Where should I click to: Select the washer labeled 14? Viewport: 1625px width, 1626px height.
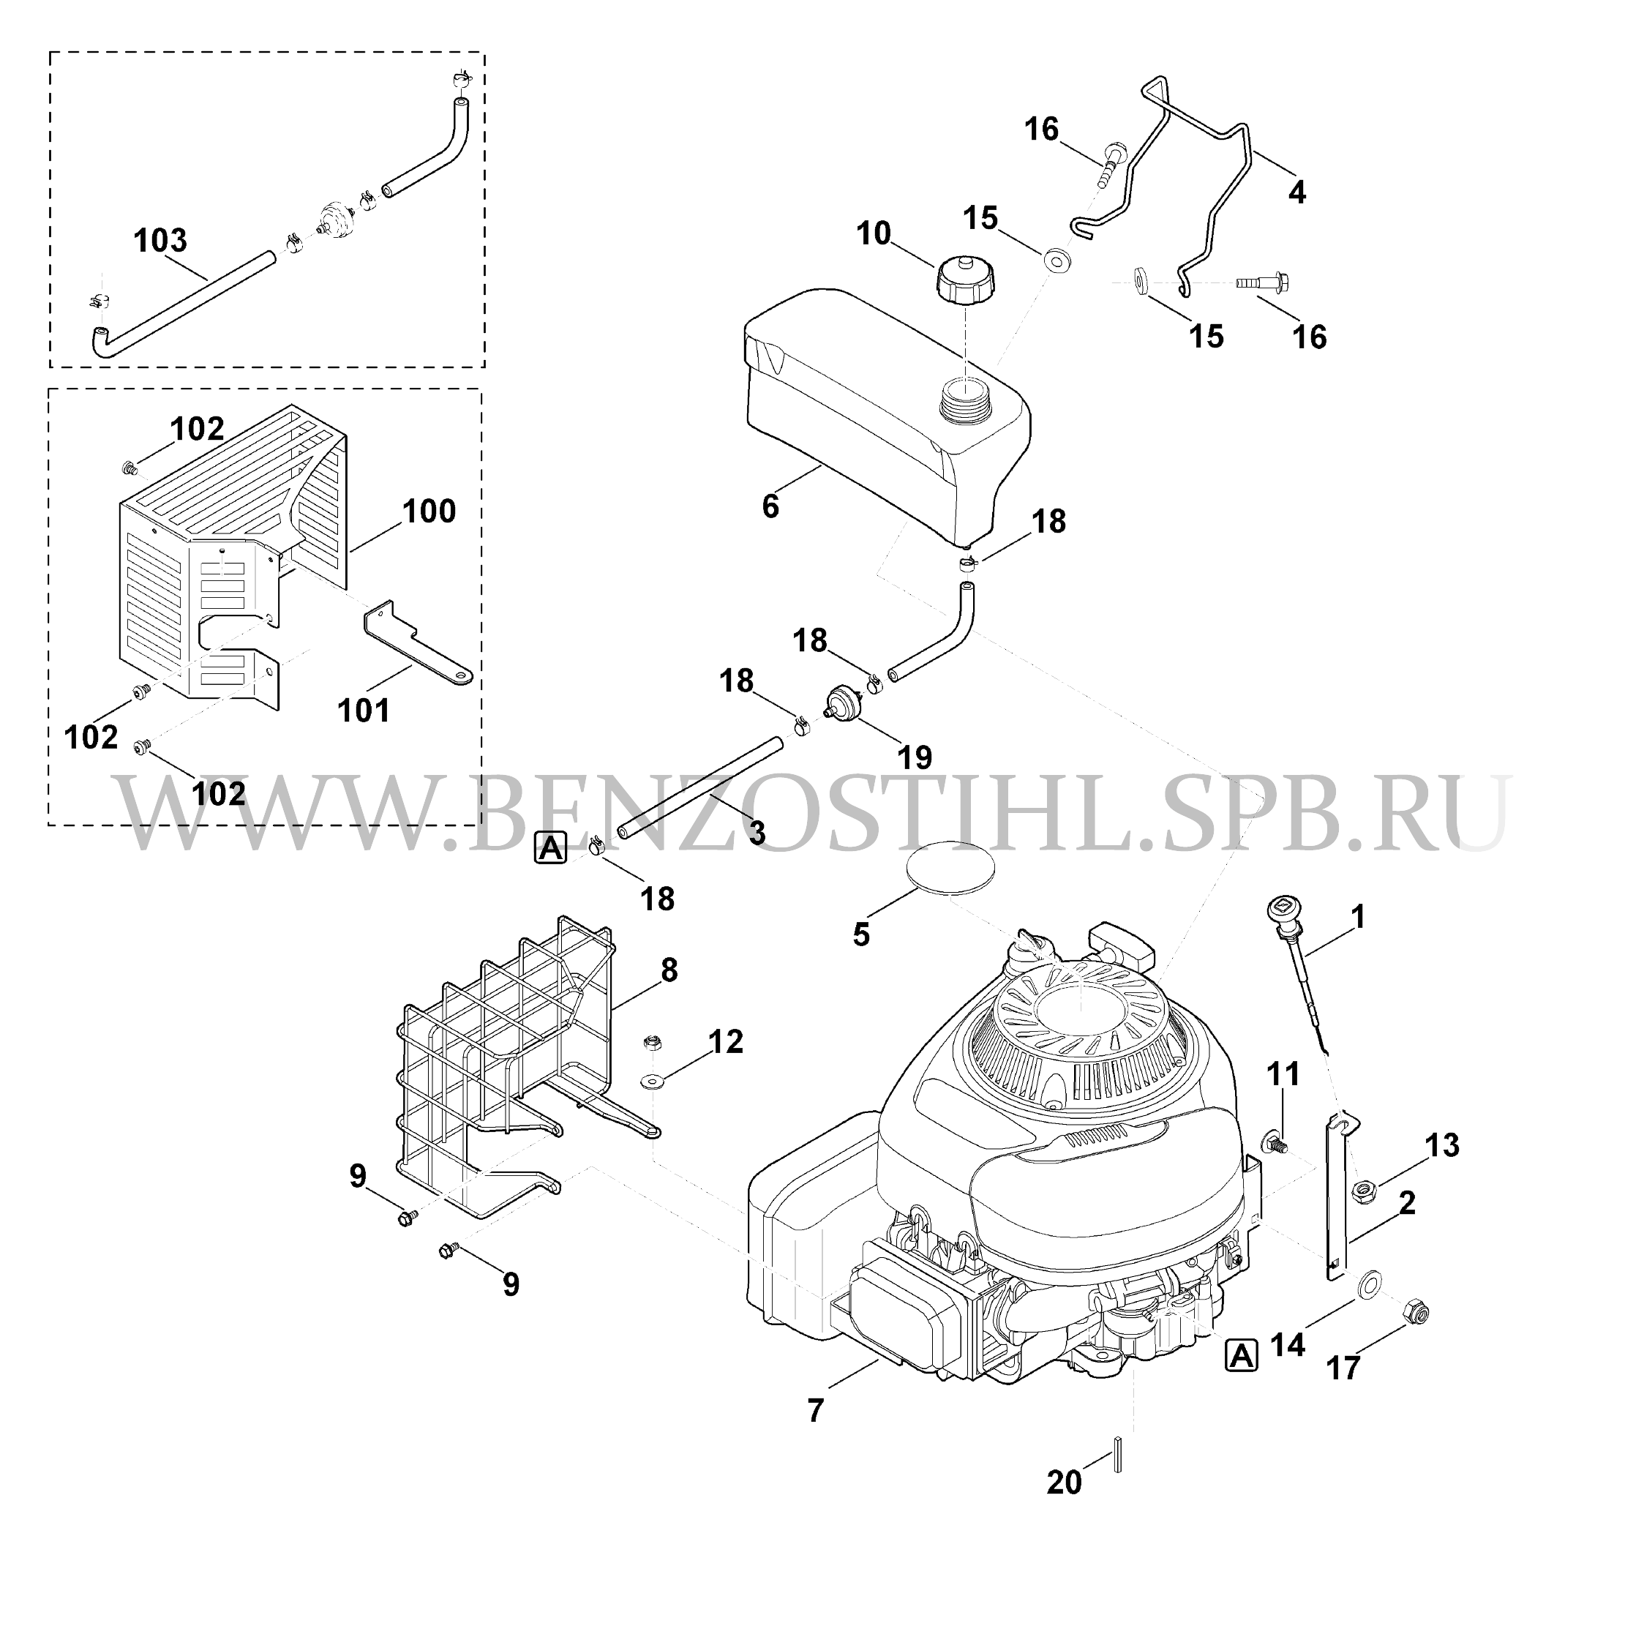(x=1368, y=1283)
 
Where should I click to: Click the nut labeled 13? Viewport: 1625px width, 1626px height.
(x=1362, y=1191)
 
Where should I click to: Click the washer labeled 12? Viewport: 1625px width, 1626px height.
(x=651, y=1080)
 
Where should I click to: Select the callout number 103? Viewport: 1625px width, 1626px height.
(x=160, y=240)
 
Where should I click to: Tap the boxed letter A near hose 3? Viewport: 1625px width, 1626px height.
(x=550, y=847)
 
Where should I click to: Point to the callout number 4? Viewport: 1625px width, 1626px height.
(x=1296, y=192)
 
